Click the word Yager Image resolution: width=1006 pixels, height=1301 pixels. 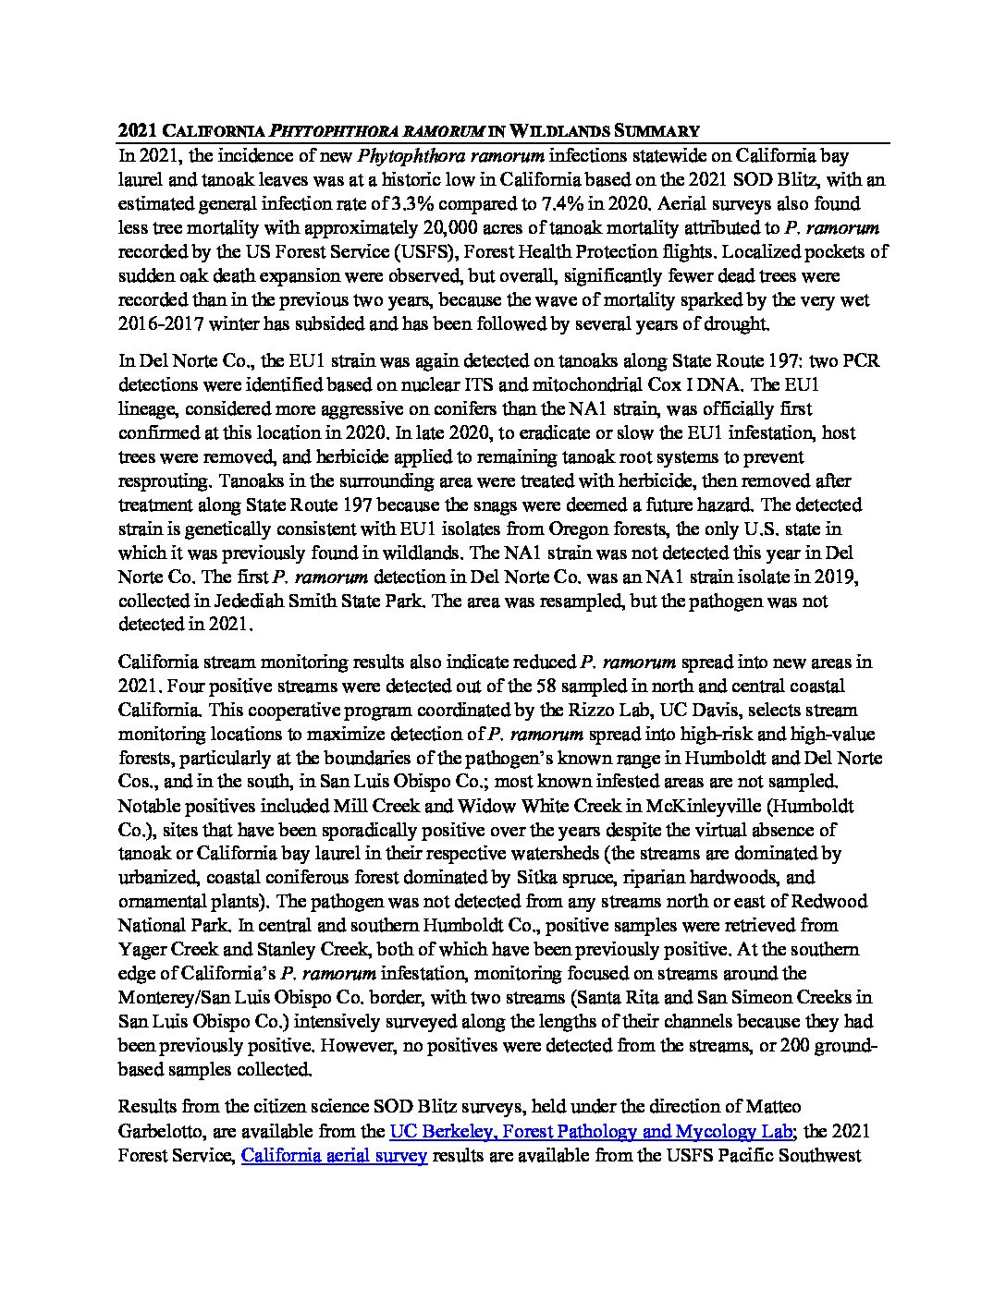tap(141, 949)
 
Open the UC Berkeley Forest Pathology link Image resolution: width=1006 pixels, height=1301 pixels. tap(591, 1130)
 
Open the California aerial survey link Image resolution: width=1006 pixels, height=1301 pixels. tap(334, 1155)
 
